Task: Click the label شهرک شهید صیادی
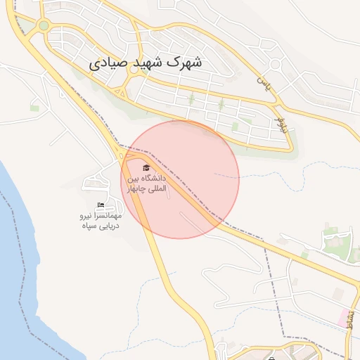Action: (x=146, y=63)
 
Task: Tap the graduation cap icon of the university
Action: (x=146, y=167)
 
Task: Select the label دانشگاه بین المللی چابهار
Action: (x=147, y=184)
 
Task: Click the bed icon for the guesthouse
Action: (x=101, y=205)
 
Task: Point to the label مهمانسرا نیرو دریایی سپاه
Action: (x=100, y=220)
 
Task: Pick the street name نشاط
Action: (x=350, y=321)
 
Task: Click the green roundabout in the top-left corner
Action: (x=44, y=26)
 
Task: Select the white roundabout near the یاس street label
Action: (x=276, y=65)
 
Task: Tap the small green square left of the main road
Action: (x=34, y=108)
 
